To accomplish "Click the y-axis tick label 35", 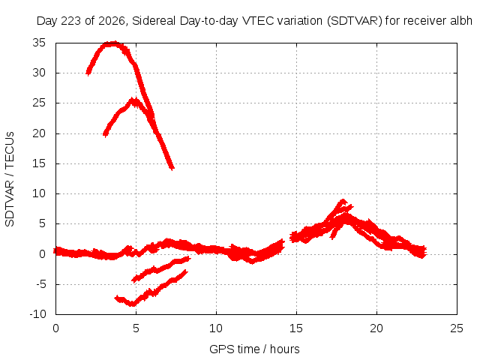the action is click(x=39, y=43).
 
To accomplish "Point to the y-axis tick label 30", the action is click(x=39, y=73).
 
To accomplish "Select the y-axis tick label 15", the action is click(x=39, y=163).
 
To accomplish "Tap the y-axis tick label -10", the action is click(x=37, y=314).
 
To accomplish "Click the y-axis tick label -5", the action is click(x=40, y=284).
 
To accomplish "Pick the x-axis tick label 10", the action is click(x=216, y=328).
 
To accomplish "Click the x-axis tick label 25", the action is click(x=457, y=328).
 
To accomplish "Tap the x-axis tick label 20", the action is click(x=376, y=328).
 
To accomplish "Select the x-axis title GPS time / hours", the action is click(x=254, y=349).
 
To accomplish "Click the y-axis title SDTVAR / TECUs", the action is click(x=10, y=179).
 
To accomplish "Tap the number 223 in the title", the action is click(x=71, y=21).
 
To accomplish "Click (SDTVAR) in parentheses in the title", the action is click(x=355, y=21).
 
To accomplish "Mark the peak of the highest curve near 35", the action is click(x=114, y=43).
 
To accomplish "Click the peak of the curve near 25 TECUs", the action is click(x=133, y=100).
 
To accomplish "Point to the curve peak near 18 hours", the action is click(x=343, y=202).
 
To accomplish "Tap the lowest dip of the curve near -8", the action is click(x=132, y=304).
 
